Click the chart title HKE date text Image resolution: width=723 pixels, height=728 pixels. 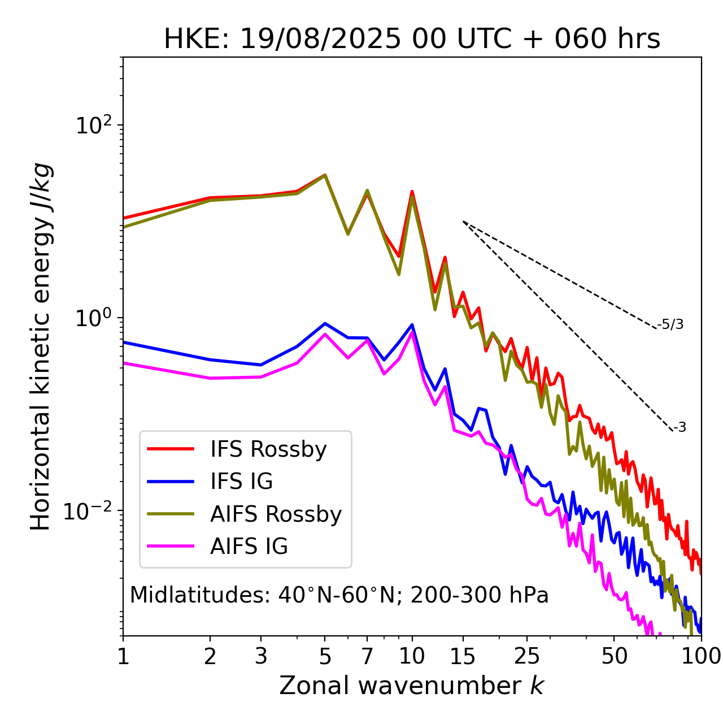pos(412,39)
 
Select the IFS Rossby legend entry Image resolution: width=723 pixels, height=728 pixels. pos(268,449)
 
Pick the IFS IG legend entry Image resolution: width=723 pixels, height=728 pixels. pos(241,482)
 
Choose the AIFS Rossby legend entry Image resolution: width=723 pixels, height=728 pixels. pos(276,514)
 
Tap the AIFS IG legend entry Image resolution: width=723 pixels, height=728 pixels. pos(249,547)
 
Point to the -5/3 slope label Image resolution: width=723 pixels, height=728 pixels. pos(670,324)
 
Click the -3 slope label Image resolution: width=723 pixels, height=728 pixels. pos(680,427)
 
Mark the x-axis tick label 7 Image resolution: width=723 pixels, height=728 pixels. pos(367,656)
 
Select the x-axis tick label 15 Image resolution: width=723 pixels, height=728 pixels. pos(463,656)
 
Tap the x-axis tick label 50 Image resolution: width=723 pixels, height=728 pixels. pos(614,656)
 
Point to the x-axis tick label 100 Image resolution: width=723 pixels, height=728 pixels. pos(701,656)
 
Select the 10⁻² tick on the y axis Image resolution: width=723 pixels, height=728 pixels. pos(90,510)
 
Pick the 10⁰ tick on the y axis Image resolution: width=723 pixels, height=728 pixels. pos(93,318)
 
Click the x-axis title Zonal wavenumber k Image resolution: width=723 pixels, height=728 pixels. pos(412,686)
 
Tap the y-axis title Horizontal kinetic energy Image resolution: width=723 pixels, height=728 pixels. pos(41,346)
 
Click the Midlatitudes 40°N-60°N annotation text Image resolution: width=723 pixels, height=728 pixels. pos(339,595)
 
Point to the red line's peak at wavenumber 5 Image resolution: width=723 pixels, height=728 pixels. pos(325,175)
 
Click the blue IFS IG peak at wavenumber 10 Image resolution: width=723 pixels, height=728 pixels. pos(412,324)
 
